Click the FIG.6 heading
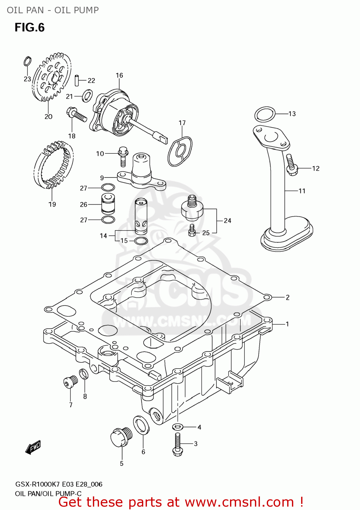tap(30, 28)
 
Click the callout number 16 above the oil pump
tap(119, 75)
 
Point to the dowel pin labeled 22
tap(77, 80)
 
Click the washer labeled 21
tap(87, 96)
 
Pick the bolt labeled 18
tap(77, 114)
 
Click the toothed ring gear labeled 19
tap(53, 165)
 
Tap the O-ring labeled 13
tap(265, 114)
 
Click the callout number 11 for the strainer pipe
tap(302, 191)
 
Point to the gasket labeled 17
tap(180, 151)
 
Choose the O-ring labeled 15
tap(141, 241)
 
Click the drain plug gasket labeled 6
tap(141, 425)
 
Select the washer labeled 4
tap(178, 427)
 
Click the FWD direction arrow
tap(33, 447)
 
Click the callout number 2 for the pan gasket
tap(288, 297)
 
